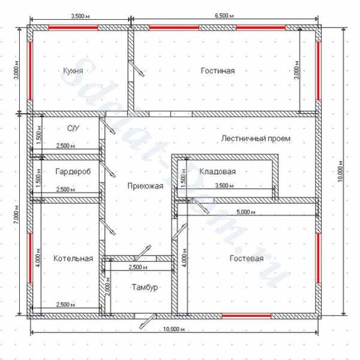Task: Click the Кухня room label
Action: click(x=73, y=71)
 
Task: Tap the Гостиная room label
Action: click(x=218, y=70)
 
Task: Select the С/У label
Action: click(x=73, y=128)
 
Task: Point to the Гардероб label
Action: click(x=73, y=172)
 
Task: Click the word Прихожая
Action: click(x=145, y=186)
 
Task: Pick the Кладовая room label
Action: click(x=217, y=172)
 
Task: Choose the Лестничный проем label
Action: click(x=256, y=139)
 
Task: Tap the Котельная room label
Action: click(x=73, y=259)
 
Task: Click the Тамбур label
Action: click(x=145, y=287)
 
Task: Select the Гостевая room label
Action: click(x=247, y=259)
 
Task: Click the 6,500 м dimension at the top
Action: click(x=224, y=16)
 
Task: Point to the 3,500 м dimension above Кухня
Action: click(x=80, y=16)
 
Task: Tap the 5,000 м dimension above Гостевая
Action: click(x=246, y=212)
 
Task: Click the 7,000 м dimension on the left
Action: click(x=16, y=215)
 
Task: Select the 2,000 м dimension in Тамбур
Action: click(x=107, y=286)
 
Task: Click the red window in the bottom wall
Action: click(x=247, y=316)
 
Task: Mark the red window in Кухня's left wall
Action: click(x=30, y=71)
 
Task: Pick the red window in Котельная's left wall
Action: click(x=30, y=258)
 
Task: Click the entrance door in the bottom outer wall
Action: click(x=146, y=319)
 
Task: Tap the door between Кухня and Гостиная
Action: click(x=135, y=68)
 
